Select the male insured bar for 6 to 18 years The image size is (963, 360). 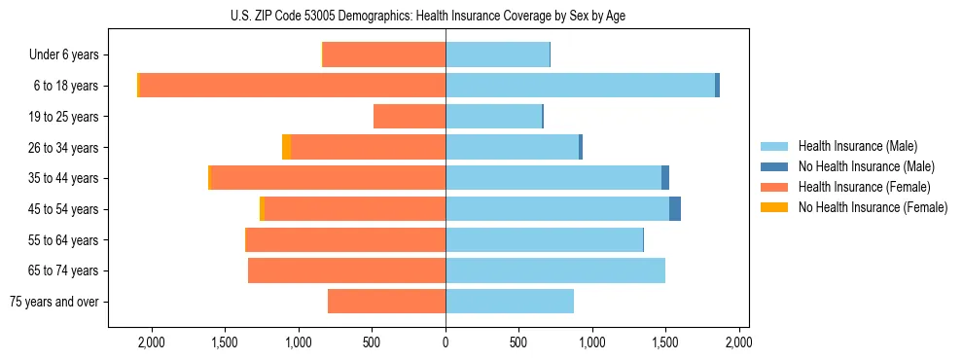(580, 86)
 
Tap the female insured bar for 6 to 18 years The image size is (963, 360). (292, 86)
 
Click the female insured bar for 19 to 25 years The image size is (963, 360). (410, 117)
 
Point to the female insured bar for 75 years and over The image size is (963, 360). (387, 302)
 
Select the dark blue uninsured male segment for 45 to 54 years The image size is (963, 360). (675, 209)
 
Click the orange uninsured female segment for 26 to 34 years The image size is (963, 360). (286, 147)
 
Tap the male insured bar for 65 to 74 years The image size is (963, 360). (555, 270)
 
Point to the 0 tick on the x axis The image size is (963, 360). (446, 342)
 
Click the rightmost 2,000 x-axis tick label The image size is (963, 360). (738, 342)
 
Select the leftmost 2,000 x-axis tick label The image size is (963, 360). (152, 342)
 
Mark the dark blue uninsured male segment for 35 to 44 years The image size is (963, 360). (665, 178)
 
